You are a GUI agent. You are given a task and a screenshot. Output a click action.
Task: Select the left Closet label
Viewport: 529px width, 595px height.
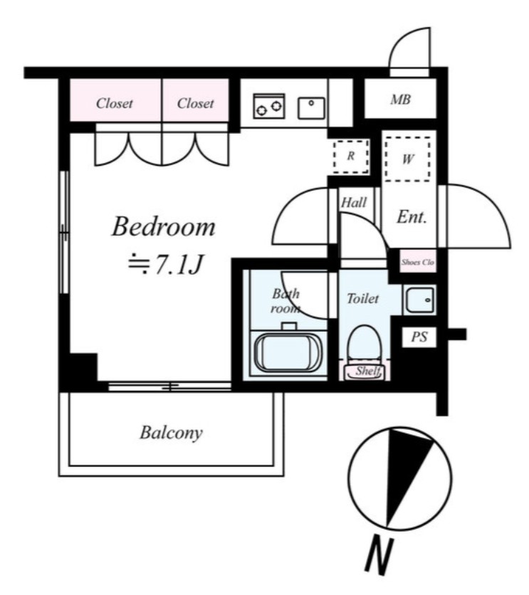click(x=115, y=103)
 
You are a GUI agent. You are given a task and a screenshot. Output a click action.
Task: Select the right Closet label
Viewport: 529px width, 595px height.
click(x=195, y=103)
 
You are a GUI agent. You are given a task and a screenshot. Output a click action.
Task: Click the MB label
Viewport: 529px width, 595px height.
click(x=400, y=100)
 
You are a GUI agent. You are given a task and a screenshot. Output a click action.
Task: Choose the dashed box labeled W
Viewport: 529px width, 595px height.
click(x=408, y=160)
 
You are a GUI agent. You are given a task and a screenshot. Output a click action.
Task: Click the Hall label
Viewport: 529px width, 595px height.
click(x=353, y=203)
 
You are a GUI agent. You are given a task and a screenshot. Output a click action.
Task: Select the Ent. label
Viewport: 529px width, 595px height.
click(x=412, y=218)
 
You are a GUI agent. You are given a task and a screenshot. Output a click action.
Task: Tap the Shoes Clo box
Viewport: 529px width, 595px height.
click(x=417, y=262)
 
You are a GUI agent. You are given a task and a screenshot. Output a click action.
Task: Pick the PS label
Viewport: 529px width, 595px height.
click(x=419, y=338)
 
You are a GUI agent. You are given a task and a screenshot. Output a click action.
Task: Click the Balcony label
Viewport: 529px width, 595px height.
click(x=171, y=432)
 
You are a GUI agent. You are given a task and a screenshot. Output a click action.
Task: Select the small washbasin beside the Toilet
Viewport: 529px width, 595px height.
click(x=419, y=300)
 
